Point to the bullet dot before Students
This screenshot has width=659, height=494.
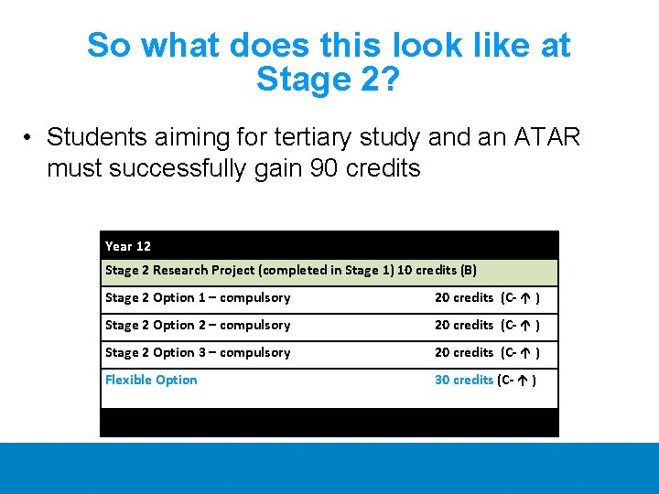[x=30, y=138]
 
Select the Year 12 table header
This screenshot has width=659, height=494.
[x=128, y=245]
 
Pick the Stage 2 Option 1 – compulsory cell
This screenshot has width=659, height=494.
[x=198, y=297]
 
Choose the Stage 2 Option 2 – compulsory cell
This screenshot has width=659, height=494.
[x=198, y=325]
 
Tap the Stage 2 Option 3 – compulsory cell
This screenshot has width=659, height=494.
[x=198, y=352]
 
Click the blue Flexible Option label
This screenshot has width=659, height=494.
[x=151, y=380]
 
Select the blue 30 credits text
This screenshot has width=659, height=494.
[x=463, y=380]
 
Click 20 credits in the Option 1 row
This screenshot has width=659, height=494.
[x=463, y=297]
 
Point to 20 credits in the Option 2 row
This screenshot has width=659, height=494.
[x=463, y=325]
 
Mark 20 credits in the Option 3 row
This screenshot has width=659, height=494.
[x=463, y=352]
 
